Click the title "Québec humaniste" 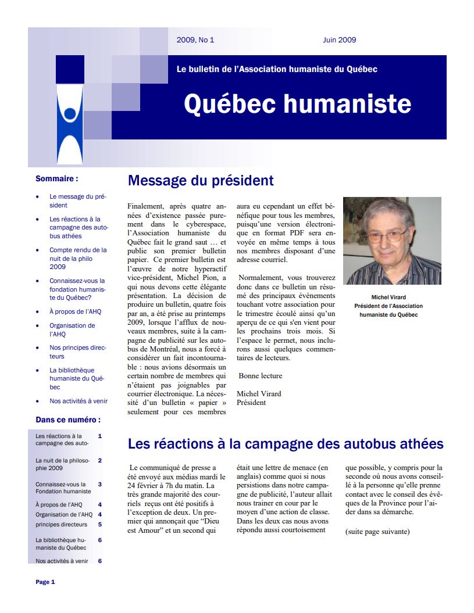pyautogui.click(x=297, y=104)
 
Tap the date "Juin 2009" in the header pyautogui.click(x=340, y=40)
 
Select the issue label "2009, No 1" pyautogui.click(x=195, y=40)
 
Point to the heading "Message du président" pyautogui.click(x=201, y=181)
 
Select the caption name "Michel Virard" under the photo pyautogui.click(x=389, y=297)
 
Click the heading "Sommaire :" pyautogui.click(x=57, y=179)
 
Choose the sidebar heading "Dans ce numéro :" pyautogui.click(x=68, y=420)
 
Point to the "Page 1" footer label pyautogui.click(x=45, y=582)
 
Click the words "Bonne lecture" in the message pyautogui.click(x=260, y=376)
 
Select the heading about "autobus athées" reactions pyautogui.click(x=286, y=444)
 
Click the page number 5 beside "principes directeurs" pyautogui.click(x=100, y=524)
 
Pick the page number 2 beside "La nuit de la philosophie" pyautogui.click(x=100, y=460)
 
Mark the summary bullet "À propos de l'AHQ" pyautogui.click(x=75, y=311)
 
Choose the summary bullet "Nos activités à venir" pyautogui.click(x=79, y=401)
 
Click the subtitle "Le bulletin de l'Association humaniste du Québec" pyautogui.click(x=277, y=69)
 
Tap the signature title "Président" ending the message pyautogui.click(x=251, y=402)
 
